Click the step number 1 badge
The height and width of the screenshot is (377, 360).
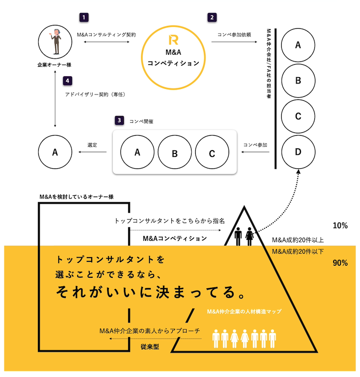point(84,17)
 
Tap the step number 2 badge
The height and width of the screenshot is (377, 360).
point(212,17)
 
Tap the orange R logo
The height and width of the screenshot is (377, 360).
point(173,40)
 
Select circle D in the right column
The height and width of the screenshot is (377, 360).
point(298,152)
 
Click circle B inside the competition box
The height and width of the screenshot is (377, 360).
point(175,153)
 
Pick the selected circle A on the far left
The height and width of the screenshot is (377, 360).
point(55,152)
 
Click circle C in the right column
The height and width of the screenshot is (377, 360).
point(298,116)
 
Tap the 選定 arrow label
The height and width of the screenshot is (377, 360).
point(93,144)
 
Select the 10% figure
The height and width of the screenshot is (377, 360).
point(340,225)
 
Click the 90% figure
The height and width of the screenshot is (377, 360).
point(340,263)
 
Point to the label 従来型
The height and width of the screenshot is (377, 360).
point(150,345)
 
